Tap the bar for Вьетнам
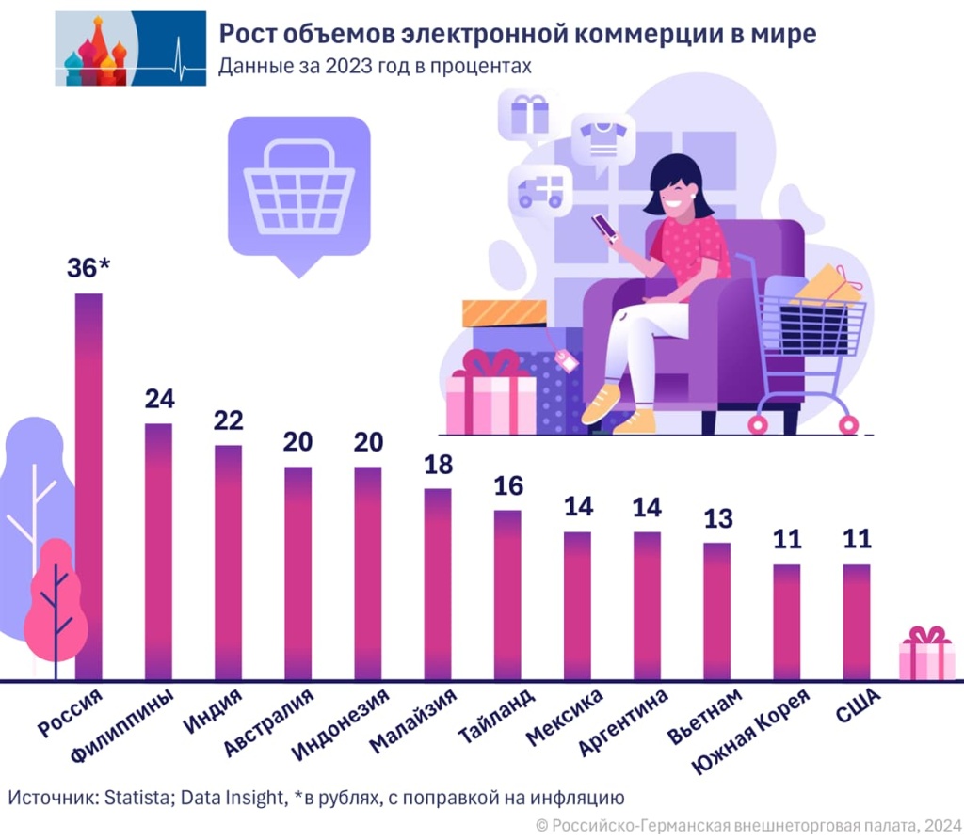[x=716, y=610]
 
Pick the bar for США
[x=856, y=621]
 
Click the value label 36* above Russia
[x=88, y=268]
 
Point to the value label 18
[x=438, y=465]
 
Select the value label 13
[x=716, y=518]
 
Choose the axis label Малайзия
[x=413, y=720]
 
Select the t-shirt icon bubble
[x=602, y=137]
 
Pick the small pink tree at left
[x=55, y=602]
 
